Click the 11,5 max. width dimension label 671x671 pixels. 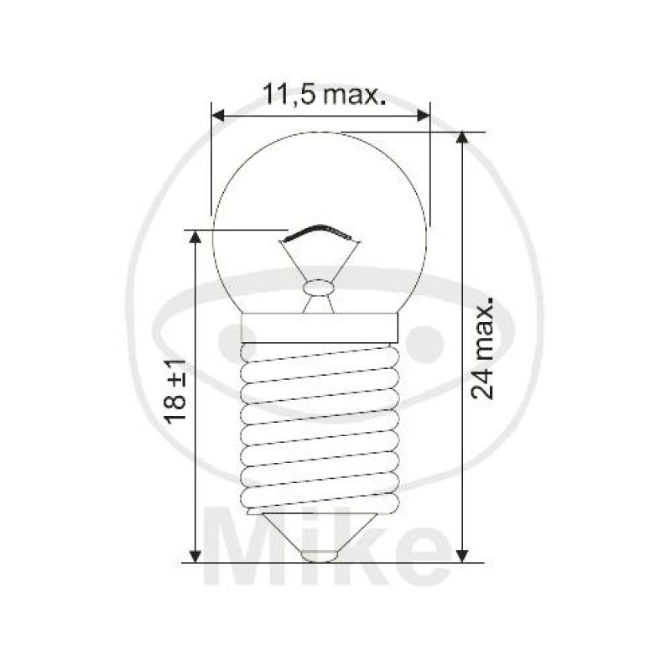[324, 94]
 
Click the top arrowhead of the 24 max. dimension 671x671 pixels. [461, 138]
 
